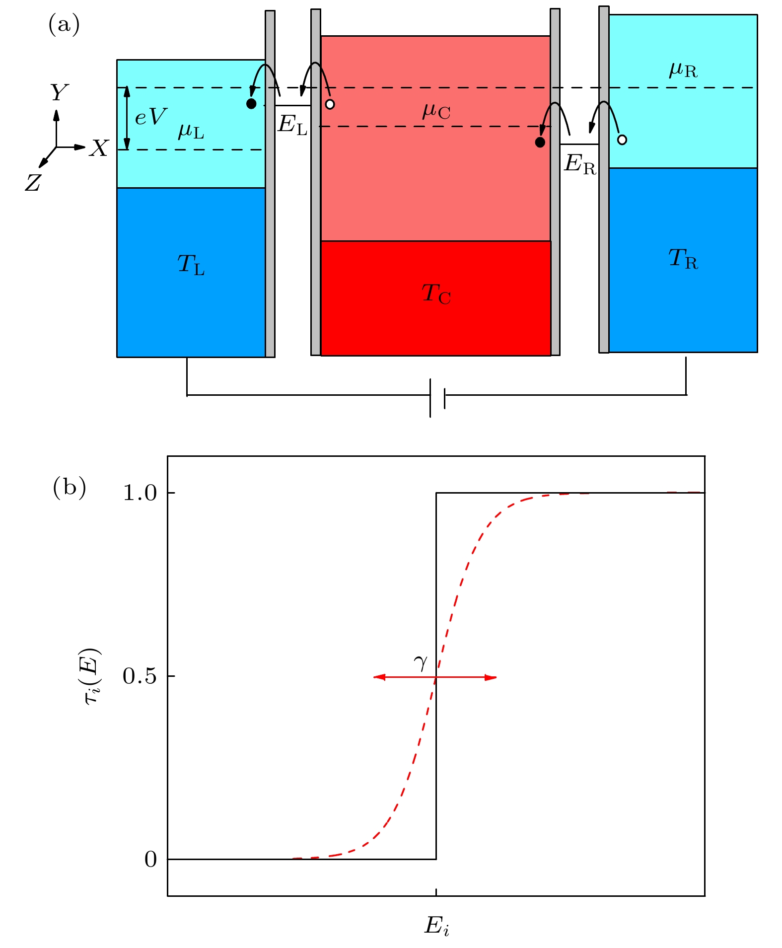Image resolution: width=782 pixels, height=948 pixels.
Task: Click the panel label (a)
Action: [x=64, y=24]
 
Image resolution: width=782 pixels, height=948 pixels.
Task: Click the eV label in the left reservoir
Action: [x=150, y=117]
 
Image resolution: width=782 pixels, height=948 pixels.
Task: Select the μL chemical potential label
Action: [x=191, y=132]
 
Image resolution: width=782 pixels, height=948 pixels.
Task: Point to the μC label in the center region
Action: [x=436, y=111]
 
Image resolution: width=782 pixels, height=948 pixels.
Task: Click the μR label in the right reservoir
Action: [x=683, y=70]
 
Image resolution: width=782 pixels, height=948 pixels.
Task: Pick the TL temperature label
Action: [x=191, y=264]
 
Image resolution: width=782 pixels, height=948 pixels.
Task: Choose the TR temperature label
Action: [x=683, y=259]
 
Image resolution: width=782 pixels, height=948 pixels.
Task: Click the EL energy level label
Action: [x=292, y=125]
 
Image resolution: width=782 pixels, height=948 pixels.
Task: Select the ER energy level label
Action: [x=580, y=164]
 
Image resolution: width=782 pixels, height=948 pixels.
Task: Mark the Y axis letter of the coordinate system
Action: [x=59, y=92]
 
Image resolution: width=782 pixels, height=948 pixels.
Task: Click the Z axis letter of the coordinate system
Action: [x=33, y=183]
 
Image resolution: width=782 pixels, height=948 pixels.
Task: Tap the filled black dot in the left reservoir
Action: [x=251, y=104]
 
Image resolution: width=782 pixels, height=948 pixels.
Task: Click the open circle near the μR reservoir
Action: [x=622, y=140]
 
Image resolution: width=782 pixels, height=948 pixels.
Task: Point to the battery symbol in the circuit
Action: [x=437, y=398]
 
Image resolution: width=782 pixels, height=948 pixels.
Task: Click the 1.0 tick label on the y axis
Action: [x=140, y=493]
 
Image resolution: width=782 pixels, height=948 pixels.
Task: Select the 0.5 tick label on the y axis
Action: [x=140, y=676]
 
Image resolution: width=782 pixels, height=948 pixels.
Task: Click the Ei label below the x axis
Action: [x=437, y=926]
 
